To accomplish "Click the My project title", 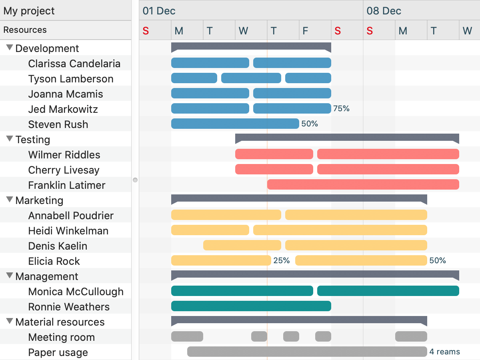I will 29,11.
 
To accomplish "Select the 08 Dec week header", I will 384,11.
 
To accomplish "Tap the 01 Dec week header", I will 159,11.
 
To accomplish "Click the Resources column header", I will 25,30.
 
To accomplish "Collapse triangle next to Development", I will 10,48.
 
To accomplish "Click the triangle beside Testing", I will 10,139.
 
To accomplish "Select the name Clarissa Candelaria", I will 74,64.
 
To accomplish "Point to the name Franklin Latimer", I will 67,185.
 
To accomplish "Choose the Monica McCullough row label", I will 76,292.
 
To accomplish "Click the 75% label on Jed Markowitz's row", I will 341,108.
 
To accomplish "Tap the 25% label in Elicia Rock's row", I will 281,261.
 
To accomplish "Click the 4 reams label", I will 444,352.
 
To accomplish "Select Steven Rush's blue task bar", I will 235,124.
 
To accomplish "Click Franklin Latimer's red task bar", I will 363,184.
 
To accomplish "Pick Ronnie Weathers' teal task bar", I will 251,306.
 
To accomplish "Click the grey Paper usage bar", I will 307,352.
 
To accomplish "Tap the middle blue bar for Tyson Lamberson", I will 251,78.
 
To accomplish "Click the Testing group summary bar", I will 347,138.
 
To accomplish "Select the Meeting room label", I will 61,337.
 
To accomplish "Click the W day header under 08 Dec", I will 467,31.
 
